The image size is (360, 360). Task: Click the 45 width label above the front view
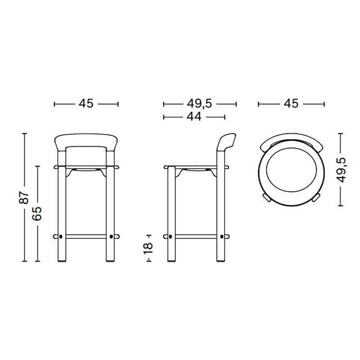(x=86, y=103)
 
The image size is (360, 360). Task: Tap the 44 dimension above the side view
(x=193, y=117)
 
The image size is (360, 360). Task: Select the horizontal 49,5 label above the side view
(x=199, y=103)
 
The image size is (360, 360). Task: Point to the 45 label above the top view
(x=291, y=103)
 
